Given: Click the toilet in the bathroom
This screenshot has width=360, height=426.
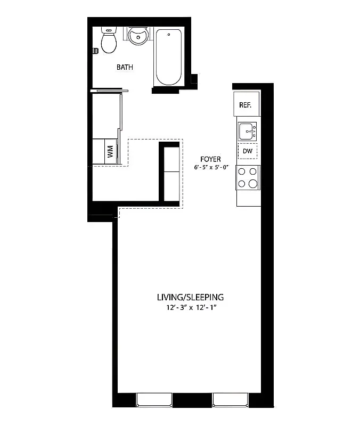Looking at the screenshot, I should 109,42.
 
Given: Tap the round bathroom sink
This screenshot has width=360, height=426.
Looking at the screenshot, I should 138,37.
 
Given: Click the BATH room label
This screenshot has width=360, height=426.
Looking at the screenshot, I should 125,68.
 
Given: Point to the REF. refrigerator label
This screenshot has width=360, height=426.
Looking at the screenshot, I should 245,105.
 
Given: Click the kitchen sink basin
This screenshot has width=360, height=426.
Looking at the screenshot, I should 246,130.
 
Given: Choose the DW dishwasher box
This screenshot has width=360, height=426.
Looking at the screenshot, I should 247,152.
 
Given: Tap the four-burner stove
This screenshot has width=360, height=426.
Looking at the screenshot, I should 248,177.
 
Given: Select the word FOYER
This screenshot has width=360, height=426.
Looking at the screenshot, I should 210,159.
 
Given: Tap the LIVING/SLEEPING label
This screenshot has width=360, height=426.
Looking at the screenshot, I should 190,297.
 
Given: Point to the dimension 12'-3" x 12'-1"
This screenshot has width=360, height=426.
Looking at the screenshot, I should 190,308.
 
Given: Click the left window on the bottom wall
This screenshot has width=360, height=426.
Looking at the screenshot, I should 154,399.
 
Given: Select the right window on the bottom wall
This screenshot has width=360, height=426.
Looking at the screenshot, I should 230,399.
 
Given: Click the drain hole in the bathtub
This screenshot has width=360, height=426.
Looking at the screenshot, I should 169,34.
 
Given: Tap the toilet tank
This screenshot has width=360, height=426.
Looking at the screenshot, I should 109,30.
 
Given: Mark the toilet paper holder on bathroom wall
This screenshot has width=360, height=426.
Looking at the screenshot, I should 95,52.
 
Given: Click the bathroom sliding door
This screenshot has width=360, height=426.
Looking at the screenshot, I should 109,91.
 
